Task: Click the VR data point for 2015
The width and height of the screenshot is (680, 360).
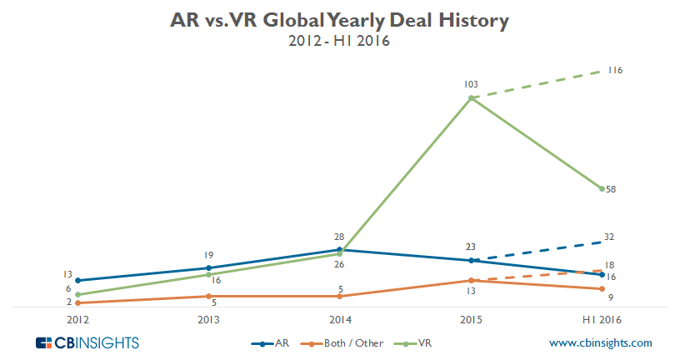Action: click(x=471, y=98)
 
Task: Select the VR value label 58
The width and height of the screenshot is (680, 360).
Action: click(x=611, y=190)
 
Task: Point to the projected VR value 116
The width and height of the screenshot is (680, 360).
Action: click(x=616, y=70)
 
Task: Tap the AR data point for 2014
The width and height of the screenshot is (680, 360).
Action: click(x=339, y=249)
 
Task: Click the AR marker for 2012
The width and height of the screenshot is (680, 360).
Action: click(x=77, y=281)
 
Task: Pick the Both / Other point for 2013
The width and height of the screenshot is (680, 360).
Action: click(x=208, y=296)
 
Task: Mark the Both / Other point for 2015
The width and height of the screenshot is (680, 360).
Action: click(x=471, y=281)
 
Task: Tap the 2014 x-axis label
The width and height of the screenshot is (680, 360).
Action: click(x=339, y=320)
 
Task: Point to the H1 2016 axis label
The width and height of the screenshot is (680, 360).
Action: click(x=602, y=320)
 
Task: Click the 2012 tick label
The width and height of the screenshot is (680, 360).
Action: click(x=77, y=320)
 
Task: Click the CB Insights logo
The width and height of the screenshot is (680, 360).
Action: click(x=87, y=342)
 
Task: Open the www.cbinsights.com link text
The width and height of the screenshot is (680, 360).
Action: click(x=600, y=342)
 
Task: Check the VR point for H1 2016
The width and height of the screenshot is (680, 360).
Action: click(x=602, y=189)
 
